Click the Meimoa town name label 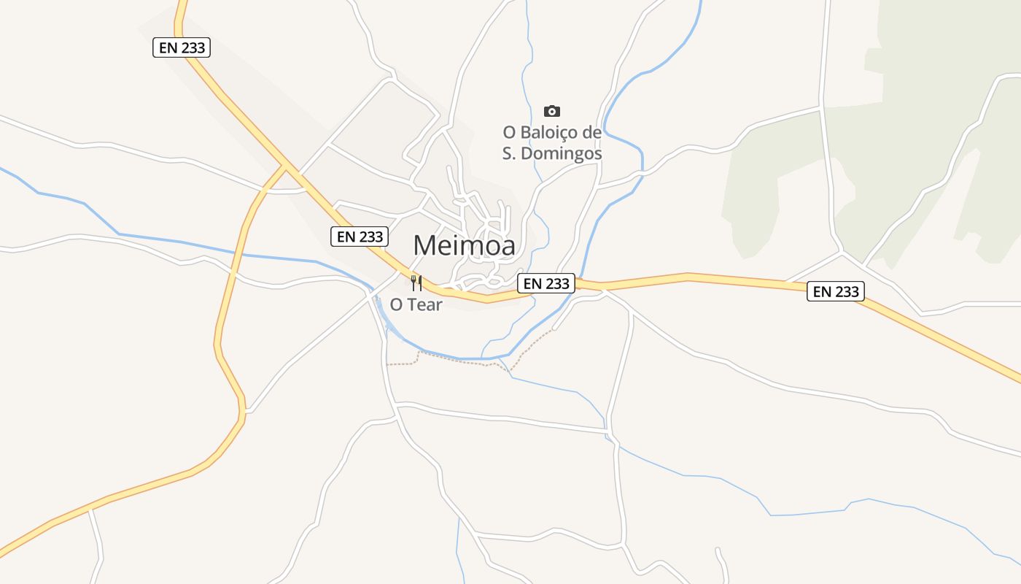coord(464,245)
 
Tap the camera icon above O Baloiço coord(552,111)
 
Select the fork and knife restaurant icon coord(416,283)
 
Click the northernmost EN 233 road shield coord(182,48)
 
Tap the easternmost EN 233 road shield coord(836,292)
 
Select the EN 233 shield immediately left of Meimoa coord(360,237)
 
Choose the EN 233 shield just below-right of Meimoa coord(546,283)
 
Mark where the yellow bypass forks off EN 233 coord(286,167)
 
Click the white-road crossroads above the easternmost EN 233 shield coord(842,253)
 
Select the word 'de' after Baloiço coord(592,133)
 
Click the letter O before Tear coord(396,305)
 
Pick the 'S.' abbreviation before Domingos coord(510,154)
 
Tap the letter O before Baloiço coord(509,133)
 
